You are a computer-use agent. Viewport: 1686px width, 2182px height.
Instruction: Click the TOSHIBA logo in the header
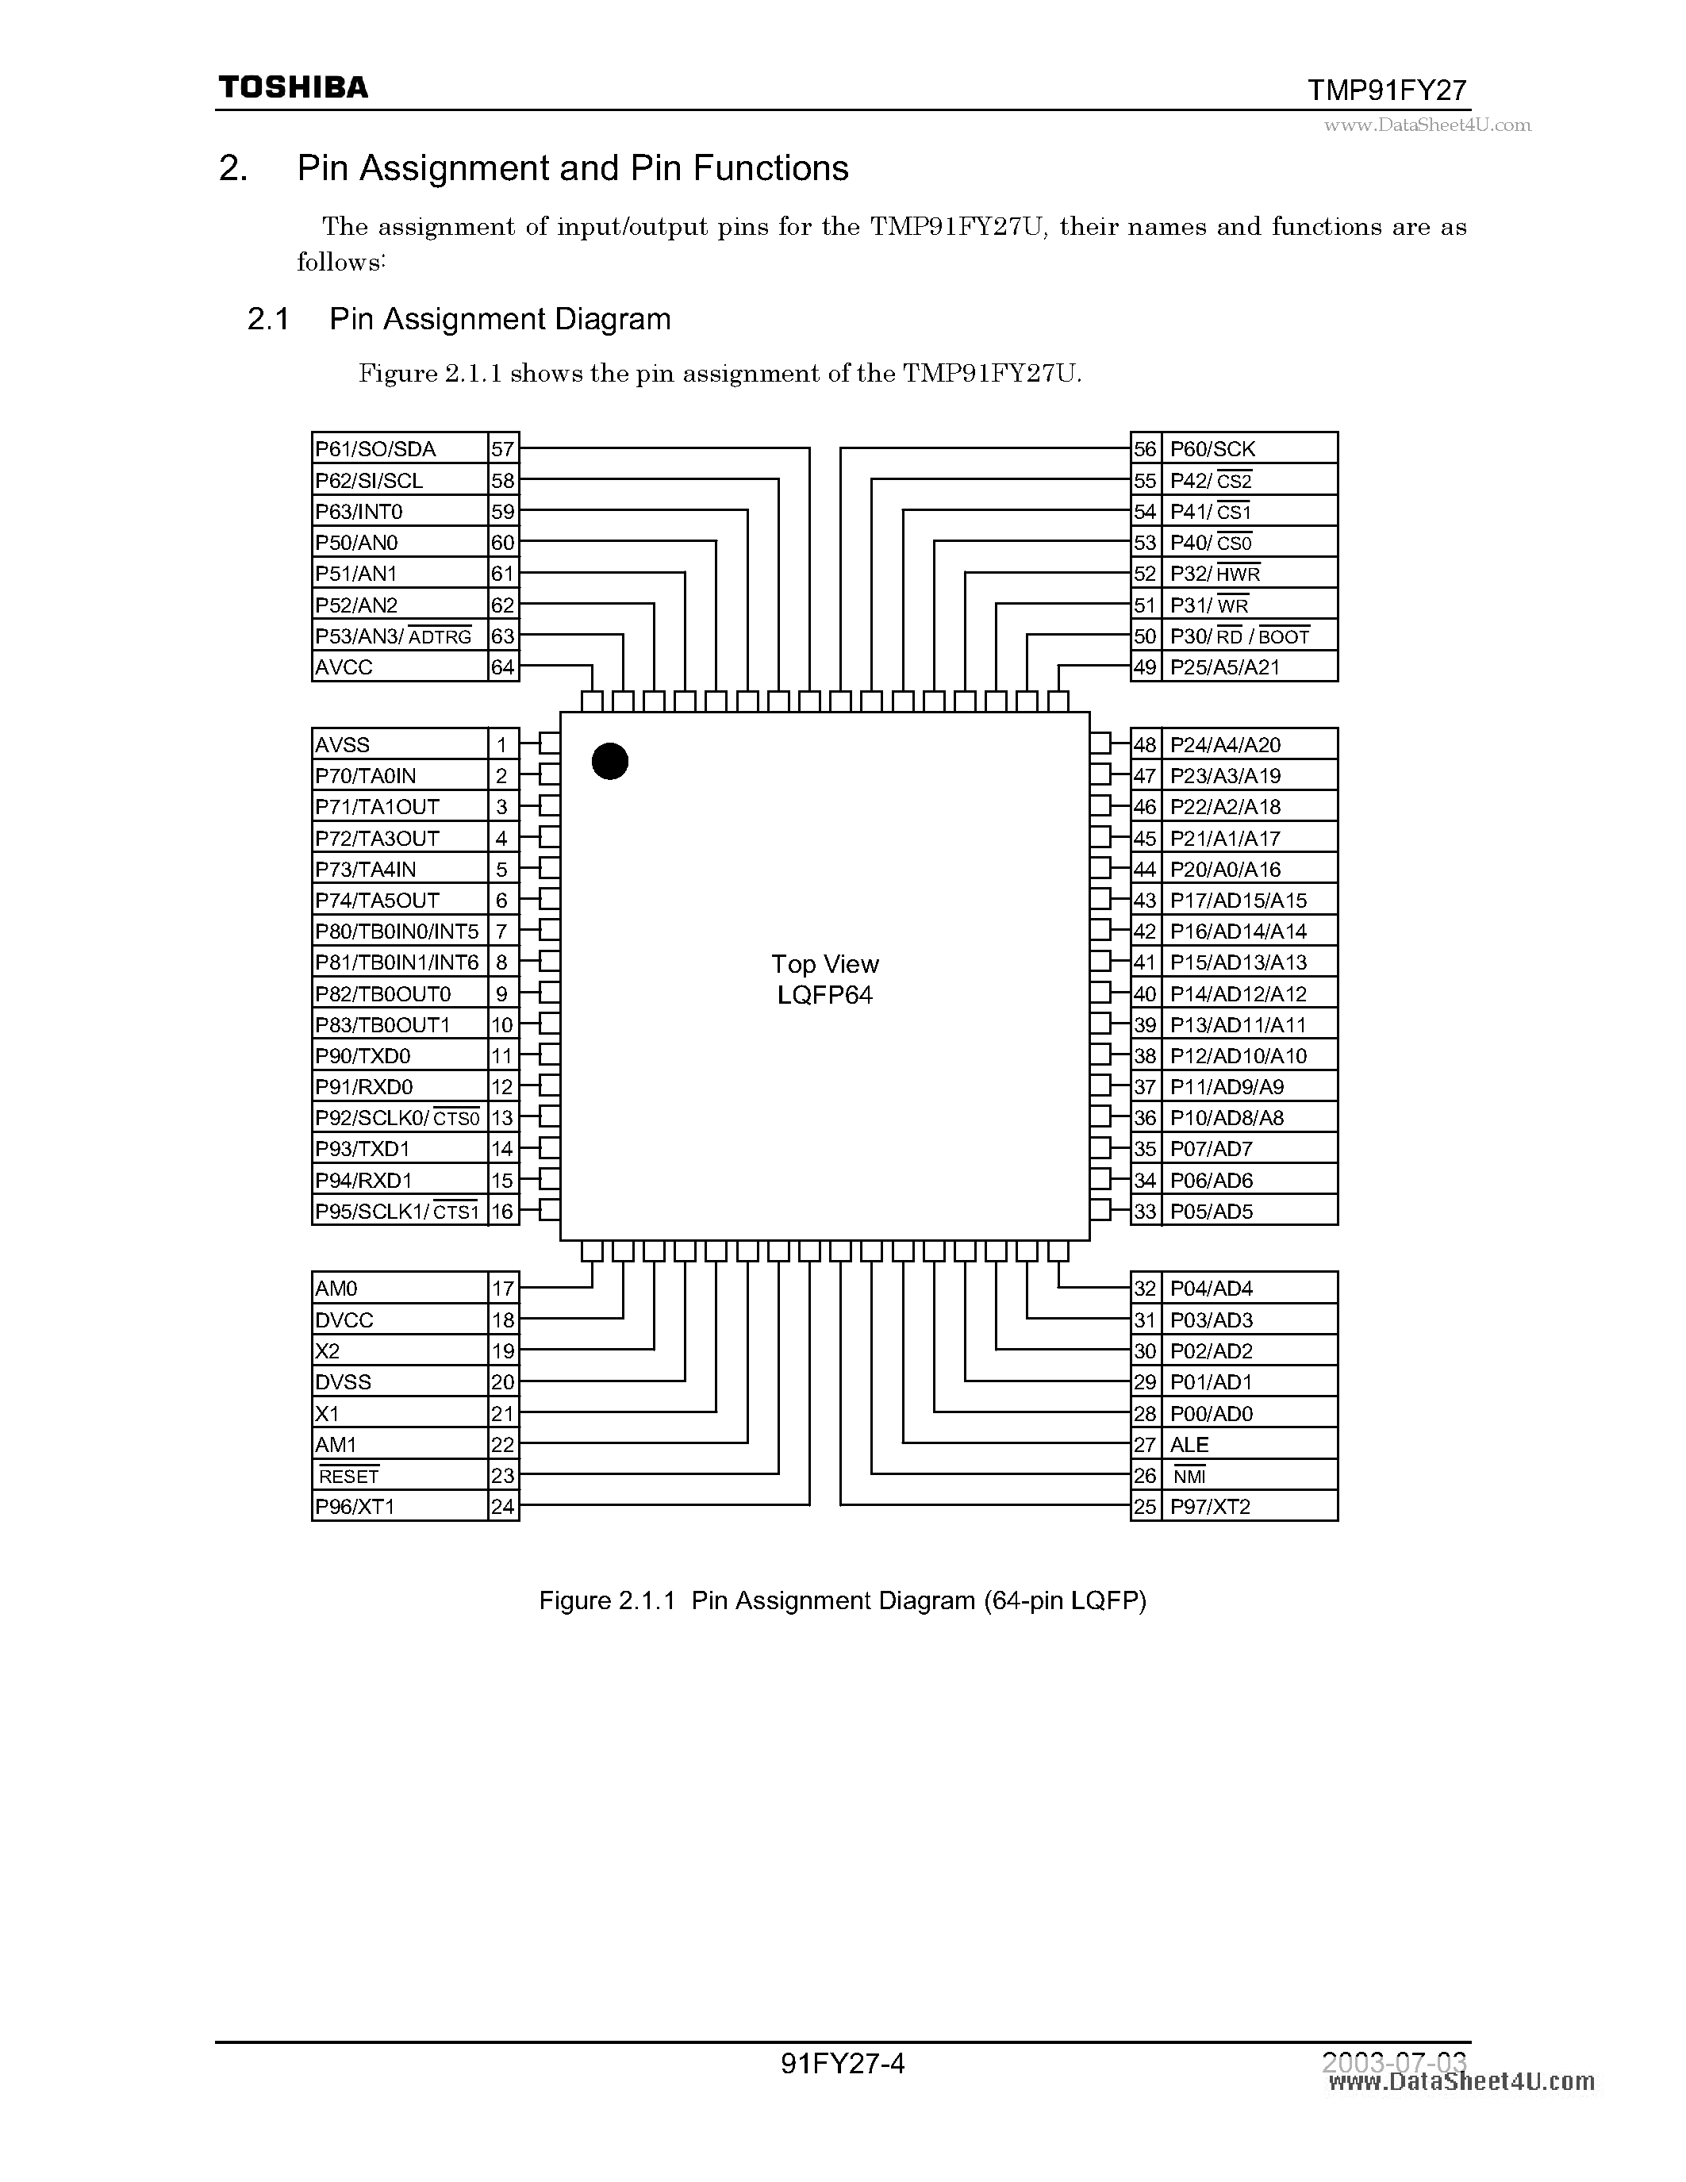(293, 88)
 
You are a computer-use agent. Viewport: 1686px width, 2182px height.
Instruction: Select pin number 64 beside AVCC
(502, 667)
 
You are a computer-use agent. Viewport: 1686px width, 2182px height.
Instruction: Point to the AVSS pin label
(343, 745)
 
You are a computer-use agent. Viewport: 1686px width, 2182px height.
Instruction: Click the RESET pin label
(348, 1477)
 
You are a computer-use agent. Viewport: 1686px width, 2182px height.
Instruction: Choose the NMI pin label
(1189, 1477)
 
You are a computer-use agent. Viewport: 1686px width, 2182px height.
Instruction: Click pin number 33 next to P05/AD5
(1145, 1212)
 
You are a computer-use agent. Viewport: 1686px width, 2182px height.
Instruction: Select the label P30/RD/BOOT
(1239, 636)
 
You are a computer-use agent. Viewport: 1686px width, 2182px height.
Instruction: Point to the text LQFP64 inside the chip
(825, 996)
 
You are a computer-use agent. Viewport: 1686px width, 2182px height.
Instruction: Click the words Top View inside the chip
(825, 965)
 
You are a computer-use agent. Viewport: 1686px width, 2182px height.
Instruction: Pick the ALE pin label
(1189, 1445)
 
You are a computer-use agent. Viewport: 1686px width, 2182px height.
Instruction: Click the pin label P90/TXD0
(363, 1056)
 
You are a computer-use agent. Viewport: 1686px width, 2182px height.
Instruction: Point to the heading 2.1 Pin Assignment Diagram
(459, 320)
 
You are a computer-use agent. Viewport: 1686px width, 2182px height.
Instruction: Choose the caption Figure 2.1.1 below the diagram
(843, 1600)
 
